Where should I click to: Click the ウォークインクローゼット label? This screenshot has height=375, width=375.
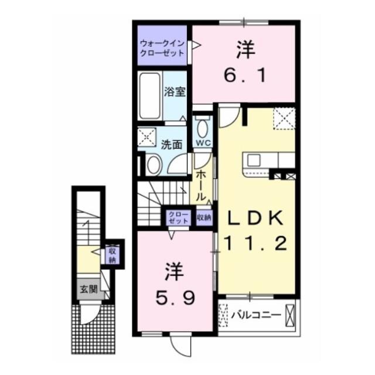(x=161, y=48)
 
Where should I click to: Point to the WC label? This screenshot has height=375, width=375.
(x=203, y=143)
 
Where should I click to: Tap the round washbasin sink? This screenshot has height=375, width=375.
(x=153, y=165)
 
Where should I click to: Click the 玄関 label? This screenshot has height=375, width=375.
(x=88, y=288)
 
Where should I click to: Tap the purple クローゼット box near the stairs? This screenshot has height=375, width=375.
(x=178, y=217)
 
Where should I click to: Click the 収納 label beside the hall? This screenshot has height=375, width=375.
(x=204, y=217)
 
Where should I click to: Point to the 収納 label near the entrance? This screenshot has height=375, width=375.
(x=112, y=255)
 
